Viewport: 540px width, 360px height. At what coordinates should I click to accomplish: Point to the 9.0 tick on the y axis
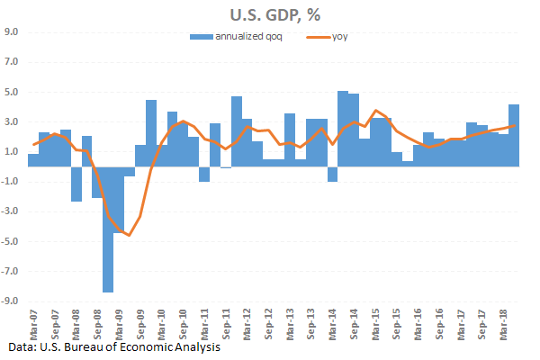tap(13, 32)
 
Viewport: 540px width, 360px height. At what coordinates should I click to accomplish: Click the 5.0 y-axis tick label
tap(13, 93)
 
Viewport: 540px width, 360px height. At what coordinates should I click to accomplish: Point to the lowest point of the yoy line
tap(129, 236)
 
